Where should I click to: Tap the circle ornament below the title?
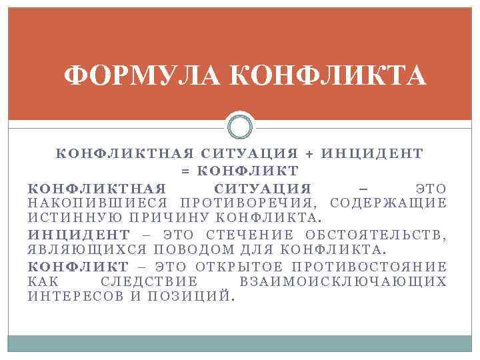240,127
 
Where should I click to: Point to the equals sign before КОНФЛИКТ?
186,170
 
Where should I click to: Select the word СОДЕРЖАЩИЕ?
389,203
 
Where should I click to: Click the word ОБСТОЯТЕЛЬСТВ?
375,234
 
